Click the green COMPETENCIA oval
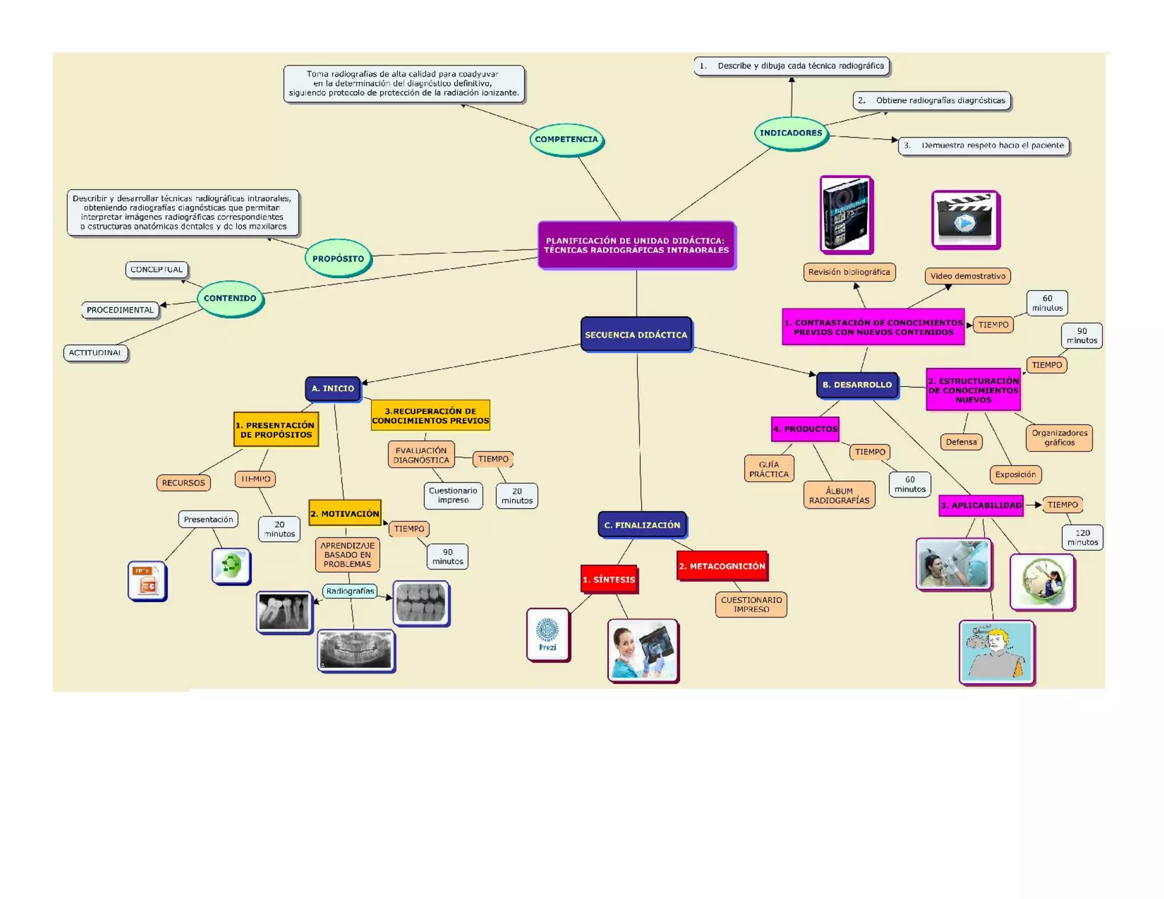pyautogui.click(x=566, y=139)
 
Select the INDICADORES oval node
pyautogui.click(x=791, y=133)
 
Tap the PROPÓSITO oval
pyautogui.click(x=338, y=259)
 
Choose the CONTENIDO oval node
pyautogui.click(x=230, y=298)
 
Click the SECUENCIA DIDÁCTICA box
pyautogui.click(x=636, y=335)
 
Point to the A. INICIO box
pyautogui.click(x=332, y=389)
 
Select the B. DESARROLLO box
pyautogui.click(x=857, y=385)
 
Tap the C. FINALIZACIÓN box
pyautogui.click(x=642, y=525)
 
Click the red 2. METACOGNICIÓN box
pyautogui.click(x=722, y=566)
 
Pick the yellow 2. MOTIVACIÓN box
pyautogui.click(x=344, y=514)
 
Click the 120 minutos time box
pyautogui.click(x=1082, y=538)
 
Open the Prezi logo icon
pyautogui.click(x=548, y=635)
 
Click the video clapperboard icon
pyautogui.click(x=965, y=220)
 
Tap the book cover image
pyautogui.click(x=846, y=214)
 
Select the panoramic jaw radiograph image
pyautogui.click(x=356, y=650)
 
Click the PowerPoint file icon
pyautogui.click(x=147, y=581)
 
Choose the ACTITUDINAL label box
pyautogui.click(x=95, y=353)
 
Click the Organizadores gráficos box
pyautogui.click(x=1059, y=438)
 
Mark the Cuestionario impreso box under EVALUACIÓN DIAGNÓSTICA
pyautogui.click(x=453, y=496)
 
